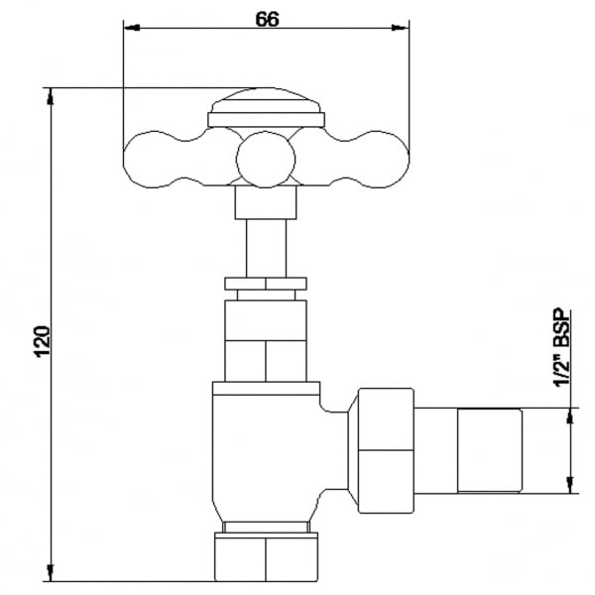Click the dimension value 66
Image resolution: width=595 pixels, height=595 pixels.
267,19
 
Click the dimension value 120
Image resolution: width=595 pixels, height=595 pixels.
43,341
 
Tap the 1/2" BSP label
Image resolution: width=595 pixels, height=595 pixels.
562,348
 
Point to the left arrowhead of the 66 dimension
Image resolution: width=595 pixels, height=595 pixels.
132,28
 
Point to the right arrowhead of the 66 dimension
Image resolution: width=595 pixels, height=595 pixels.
401,28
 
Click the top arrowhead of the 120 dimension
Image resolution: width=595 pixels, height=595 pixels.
51,96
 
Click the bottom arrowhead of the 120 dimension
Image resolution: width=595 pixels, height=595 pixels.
51,572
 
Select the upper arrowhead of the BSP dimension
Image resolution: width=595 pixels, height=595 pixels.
569,416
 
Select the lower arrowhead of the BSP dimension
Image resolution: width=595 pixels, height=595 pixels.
569,486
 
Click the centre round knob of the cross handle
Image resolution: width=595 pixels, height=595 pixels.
266,160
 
